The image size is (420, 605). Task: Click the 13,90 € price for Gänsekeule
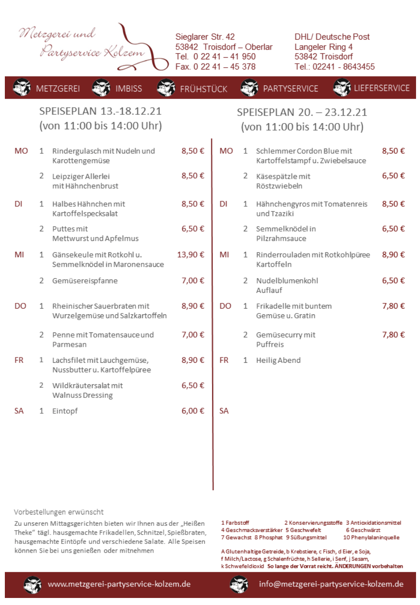(x=191, y=255)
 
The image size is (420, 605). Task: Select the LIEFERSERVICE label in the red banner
(x=382, y=88)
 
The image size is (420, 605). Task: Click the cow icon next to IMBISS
(x=101, y=87)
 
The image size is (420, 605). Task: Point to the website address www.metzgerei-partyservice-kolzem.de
(x=119, y=584)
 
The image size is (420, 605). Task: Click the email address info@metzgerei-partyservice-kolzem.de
(x=331, y=584)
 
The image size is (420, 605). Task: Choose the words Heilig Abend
(x=278, y=360)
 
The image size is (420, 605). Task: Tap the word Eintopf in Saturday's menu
(x=65, y=411)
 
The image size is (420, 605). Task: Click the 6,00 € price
(x=193, y=411)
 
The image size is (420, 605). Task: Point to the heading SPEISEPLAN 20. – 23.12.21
(x=302, y=112)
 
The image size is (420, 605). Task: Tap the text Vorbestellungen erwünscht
(x=59, y=512)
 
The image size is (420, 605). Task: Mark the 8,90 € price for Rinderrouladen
(x=393, y=255)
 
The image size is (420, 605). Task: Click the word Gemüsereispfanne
(x=85, y=281)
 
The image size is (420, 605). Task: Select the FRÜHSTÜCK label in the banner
(x=203, y=89)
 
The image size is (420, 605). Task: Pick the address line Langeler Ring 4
(x=324, y=47)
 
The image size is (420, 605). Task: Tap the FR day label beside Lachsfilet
(x=19, y=360)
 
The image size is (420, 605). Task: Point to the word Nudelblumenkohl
(x=287, y=281)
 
